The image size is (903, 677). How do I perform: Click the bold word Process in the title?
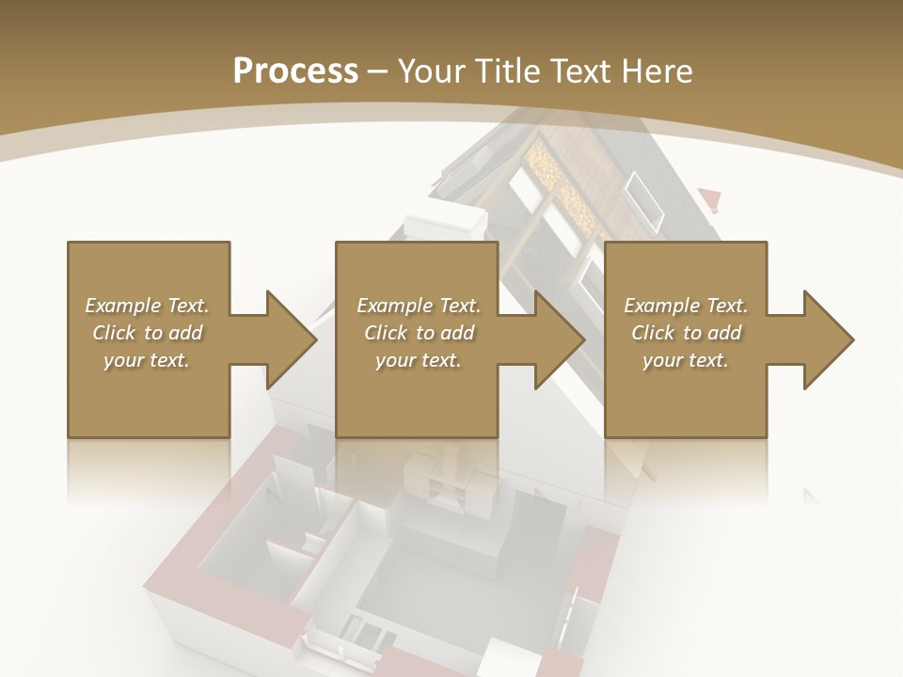click(295, 71)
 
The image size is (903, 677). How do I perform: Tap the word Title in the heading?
click(507, 71)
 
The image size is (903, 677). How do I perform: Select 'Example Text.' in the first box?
click(147, 306)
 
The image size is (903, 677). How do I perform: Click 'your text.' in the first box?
click(147, 360)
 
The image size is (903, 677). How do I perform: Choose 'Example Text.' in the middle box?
click(419, 306)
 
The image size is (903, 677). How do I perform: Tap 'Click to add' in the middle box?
click(419, 333)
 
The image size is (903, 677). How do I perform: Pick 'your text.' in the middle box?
click(419, 360)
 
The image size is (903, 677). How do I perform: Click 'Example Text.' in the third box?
click(686, 306)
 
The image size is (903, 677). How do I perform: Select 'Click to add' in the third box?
click(686, 333)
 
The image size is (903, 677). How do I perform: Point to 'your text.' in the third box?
click(686, 360)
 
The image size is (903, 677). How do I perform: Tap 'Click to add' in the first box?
click(147, 333)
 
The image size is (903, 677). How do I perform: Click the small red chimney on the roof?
click(710, 199)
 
